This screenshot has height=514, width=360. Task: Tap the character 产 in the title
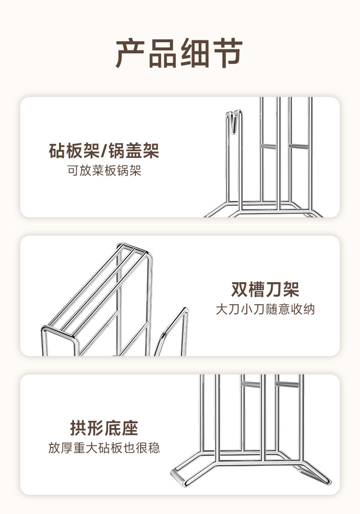(x=131, y=53)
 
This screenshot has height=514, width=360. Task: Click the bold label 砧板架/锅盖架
(x=104, y=151)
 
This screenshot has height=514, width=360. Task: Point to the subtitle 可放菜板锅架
(x=104, y=171)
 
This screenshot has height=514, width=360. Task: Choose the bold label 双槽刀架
(x=265, y=289)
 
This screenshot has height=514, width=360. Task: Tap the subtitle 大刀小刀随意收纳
(x=265, y=309)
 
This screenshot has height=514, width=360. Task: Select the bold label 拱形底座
(x=104, y=428)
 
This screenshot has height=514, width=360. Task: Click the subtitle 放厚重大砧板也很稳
(x=104, y=448)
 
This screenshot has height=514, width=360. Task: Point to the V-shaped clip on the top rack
(x=234, y=122)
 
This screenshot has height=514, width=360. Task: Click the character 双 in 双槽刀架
(x=240, y=289)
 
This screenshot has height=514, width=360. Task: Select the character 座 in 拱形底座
(x=130, y=428)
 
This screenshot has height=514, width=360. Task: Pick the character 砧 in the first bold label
(x=57, y=151)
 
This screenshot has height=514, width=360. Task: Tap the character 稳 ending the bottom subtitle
(x=155, y=448)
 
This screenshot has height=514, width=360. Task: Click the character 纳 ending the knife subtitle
(x=310, y=309)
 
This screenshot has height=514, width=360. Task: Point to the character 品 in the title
(x=163, y=53)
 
